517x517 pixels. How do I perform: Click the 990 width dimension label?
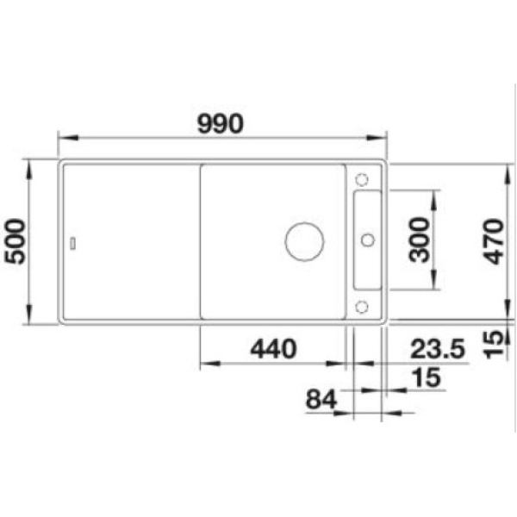pos(221,123)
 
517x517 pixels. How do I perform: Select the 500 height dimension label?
pos(15,241)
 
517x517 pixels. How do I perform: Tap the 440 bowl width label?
pos(273,349)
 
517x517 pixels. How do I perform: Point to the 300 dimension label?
pos(419,240)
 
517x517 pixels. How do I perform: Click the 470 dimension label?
pos(494,241)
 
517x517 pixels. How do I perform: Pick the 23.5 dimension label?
pos(438,349)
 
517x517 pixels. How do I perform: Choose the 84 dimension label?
pos(321,399)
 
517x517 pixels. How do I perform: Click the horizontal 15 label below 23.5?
pos(427,377)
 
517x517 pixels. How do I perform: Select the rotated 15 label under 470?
pos(494,344)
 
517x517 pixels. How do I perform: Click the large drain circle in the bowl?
pos(304,241)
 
